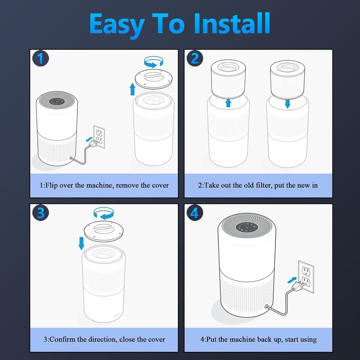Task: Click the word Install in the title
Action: click(x=232, y=23)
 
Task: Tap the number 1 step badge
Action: click(x=40, y=58)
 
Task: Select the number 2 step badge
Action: click(x=195, y=58)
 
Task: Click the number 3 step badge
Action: click(x=40, y=212)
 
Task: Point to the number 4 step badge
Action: click(x=195, y=212)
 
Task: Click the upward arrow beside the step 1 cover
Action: click(x=132, y=89)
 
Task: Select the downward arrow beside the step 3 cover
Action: click(x=81, y=243)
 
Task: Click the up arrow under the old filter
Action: click(x=228, y=103)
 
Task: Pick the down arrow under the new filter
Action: click(x=288, y=104)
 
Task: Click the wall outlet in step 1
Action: click(x=99, y=137)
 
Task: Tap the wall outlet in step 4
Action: click(x=306, y=277)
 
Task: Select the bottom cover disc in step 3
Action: click(x=103, y=231)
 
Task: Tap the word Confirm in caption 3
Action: click(x=62, y=339)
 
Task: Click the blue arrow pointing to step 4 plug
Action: click(x=292, y=280)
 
